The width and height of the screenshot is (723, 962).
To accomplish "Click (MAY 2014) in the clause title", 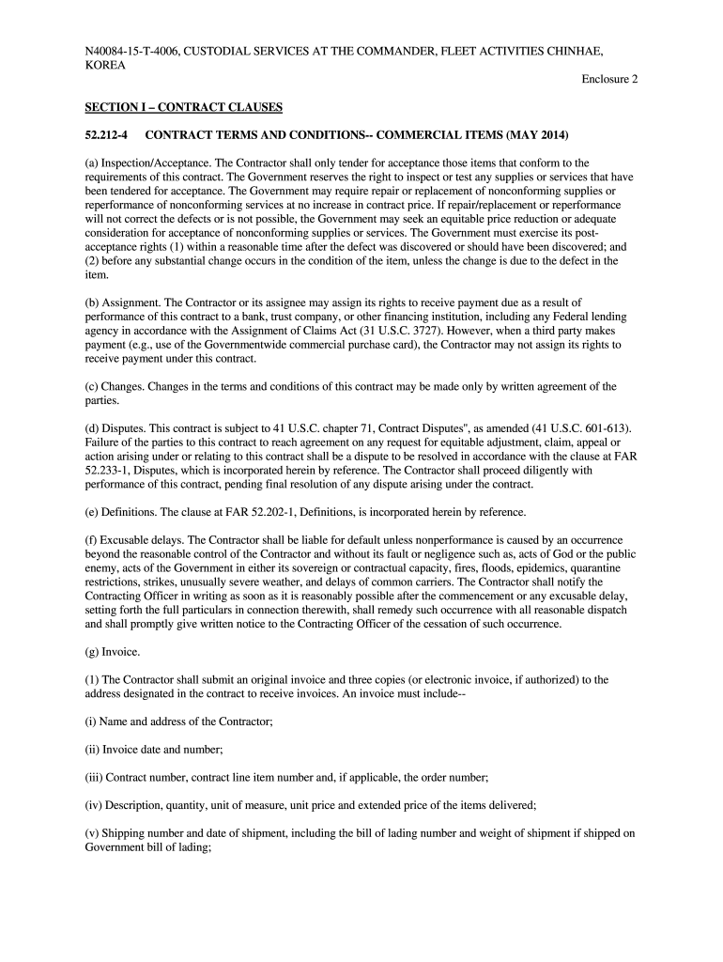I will pyautogui.click(x=526, y=135).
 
